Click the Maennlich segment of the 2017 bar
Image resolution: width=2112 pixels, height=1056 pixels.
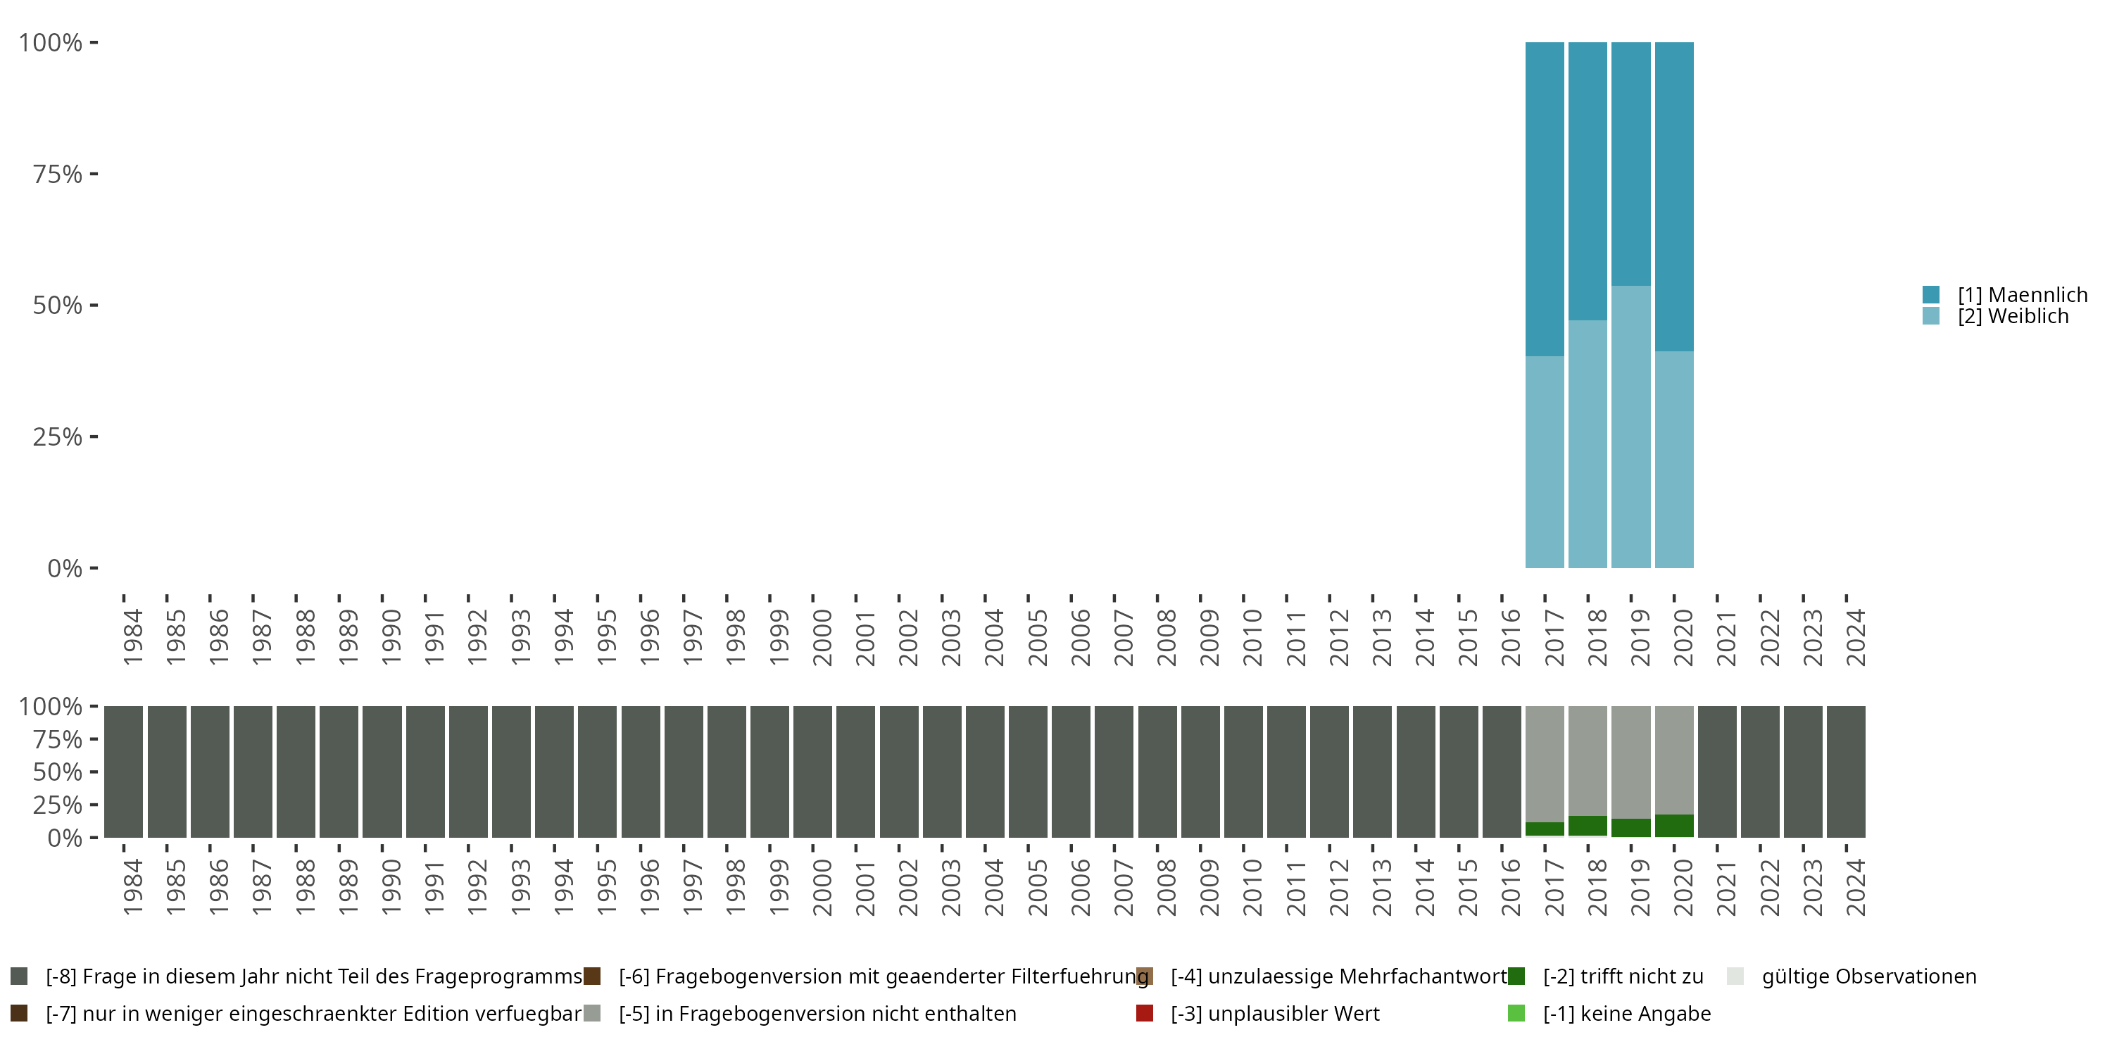point(1545,199)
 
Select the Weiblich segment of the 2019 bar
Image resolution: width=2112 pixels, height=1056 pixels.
point(1630,427)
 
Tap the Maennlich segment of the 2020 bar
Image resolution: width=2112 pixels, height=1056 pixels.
point(1674,197)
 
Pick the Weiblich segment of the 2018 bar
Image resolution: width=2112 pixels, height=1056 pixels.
point(1588,444)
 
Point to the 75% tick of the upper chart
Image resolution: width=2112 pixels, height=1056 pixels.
point(58,174)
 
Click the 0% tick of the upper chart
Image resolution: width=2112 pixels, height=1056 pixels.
point(65,568)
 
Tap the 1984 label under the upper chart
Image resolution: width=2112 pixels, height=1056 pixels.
point(133,637)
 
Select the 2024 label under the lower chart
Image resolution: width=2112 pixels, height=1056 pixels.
point(1855,887)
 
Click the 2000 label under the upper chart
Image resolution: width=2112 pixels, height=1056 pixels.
point(822,637)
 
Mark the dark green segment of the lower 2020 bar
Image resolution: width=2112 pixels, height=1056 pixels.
point(1674,826)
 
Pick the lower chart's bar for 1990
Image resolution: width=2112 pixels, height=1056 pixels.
point(382,772)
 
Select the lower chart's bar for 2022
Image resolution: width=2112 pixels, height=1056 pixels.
point(1760,772)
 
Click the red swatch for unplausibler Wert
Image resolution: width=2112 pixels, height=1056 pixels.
point(1145,1013)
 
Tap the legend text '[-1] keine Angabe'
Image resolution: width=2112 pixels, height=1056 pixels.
point(1627,1013)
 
